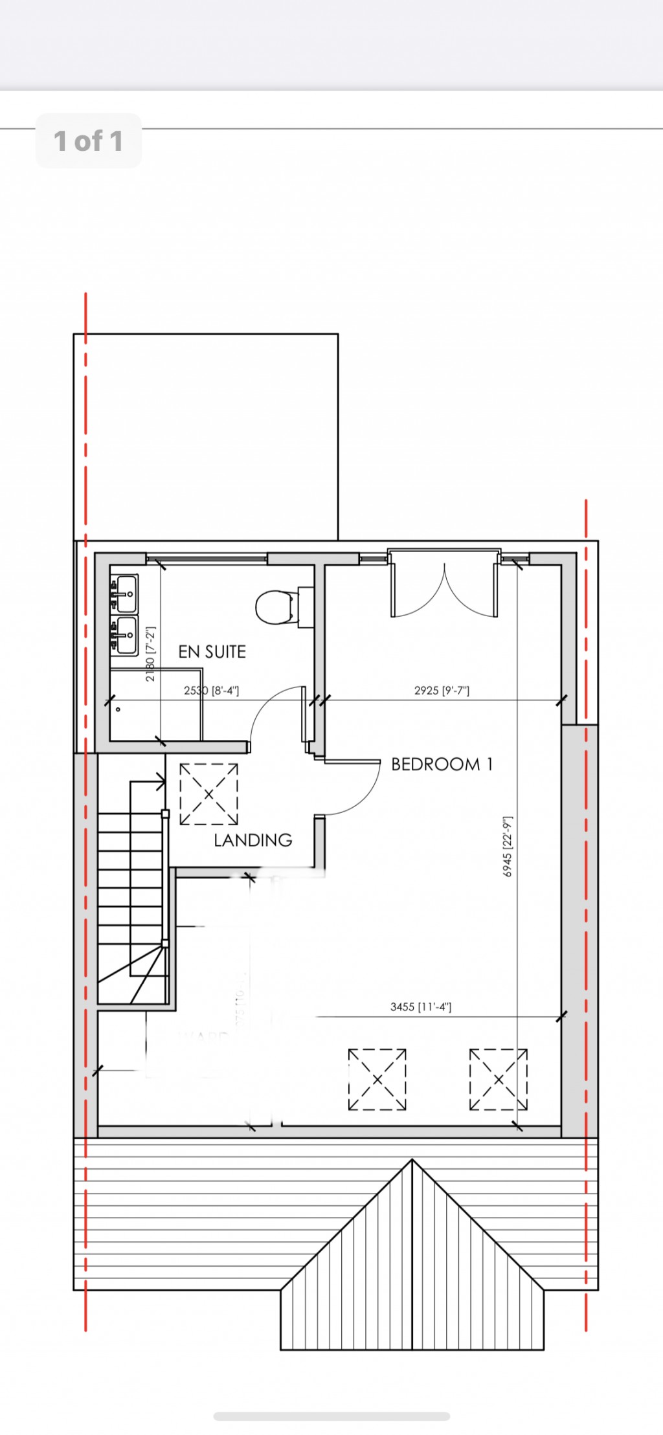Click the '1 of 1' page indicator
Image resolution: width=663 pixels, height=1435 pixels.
pyautogui.click(x=88, y=141)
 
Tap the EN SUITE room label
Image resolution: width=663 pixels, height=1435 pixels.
pyautogui.click(x=212, y=652)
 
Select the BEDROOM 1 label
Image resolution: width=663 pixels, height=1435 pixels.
pyautogui.click(x=442, y=764)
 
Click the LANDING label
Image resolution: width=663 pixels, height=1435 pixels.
pyautogui.click(x=253, y=840)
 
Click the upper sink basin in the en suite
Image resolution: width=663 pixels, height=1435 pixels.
pyautogui.click(x=124, y=592)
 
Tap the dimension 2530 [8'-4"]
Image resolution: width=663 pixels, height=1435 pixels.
pyautogui.click(x=211, y=691)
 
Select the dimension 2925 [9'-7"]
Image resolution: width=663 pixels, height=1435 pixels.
pyautogui.click(x=442, y=691)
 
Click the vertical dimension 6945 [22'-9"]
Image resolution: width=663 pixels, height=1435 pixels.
pyautogui.click(x=508, y=847)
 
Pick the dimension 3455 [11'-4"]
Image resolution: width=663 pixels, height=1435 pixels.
pyautogui.click(x=421, y=1007)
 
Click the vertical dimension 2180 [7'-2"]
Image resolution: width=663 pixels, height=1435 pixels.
pyautogui.click(x=150, y=654)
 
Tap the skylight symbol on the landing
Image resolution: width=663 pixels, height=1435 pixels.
pyautogui.click(x=208, y=794)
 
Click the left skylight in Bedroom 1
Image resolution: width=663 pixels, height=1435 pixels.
pyautogui.click(x=377, y=1080)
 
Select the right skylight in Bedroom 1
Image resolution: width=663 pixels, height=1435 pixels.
pyautogui.click(x=498, y=1080)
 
